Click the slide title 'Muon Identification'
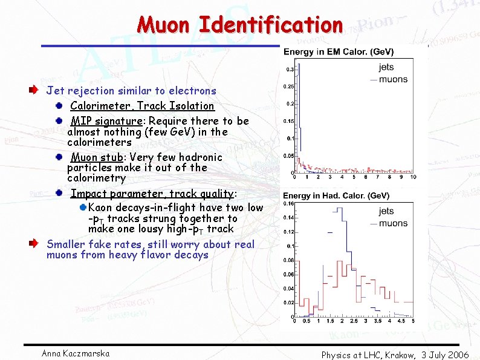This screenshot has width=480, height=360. coord(240,25)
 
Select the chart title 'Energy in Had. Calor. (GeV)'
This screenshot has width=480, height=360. coord(337,195)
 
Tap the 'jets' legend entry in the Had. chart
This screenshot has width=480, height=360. coord(386,212)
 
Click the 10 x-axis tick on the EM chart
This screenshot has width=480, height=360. coord(413,177)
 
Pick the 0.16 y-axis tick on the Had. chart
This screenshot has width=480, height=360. coord(289,203)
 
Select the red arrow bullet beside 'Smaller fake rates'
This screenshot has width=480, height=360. coord(36,244)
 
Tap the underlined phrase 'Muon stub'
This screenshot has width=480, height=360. coord(97,157)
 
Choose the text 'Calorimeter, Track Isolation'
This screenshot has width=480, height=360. coord(142,106)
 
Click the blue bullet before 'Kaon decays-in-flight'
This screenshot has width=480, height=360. coord(83,208)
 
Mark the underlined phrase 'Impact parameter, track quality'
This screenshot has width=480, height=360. coord(152,194)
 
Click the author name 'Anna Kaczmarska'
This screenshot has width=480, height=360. coord(76,353)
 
